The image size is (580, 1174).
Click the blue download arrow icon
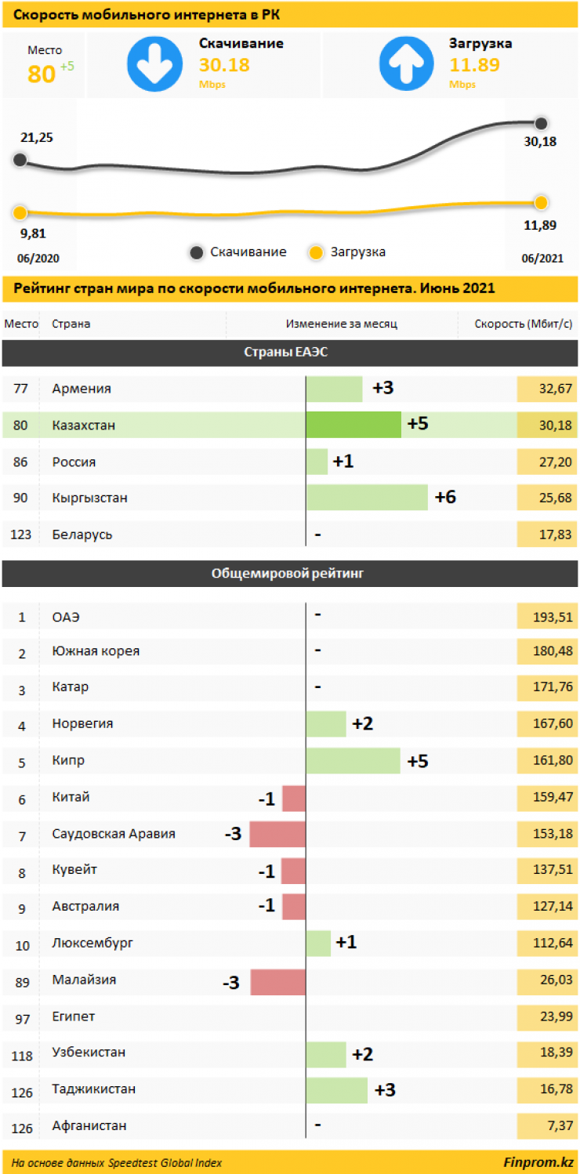click(154, 64)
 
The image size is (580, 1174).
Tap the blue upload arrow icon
click(406, 64)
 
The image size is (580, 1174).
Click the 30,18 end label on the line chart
click(541, 141)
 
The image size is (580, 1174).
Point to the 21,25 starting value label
click(37, 137)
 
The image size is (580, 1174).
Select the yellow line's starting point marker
click(20, 212)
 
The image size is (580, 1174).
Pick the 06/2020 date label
click(38, 259)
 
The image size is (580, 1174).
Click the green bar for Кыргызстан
click(367, 498)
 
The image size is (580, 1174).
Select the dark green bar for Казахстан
click(353, 425)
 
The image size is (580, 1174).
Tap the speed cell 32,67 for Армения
click(547, 389)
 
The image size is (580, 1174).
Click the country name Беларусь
click(82, 534)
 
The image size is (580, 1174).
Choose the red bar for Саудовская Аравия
click(277, 834)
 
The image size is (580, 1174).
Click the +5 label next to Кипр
click(418, 761)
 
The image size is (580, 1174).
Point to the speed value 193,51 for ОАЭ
click(547, 618)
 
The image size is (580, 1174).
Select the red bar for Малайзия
click(278, 981)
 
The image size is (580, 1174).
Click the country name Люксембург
click(92, 943)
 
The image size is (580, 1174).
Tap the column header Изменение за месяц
click(342, 324)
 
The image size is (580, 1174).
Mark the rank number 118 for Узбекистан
click(22, 1056)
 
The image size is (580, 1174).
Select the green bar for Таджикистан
click(337, 1090)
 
